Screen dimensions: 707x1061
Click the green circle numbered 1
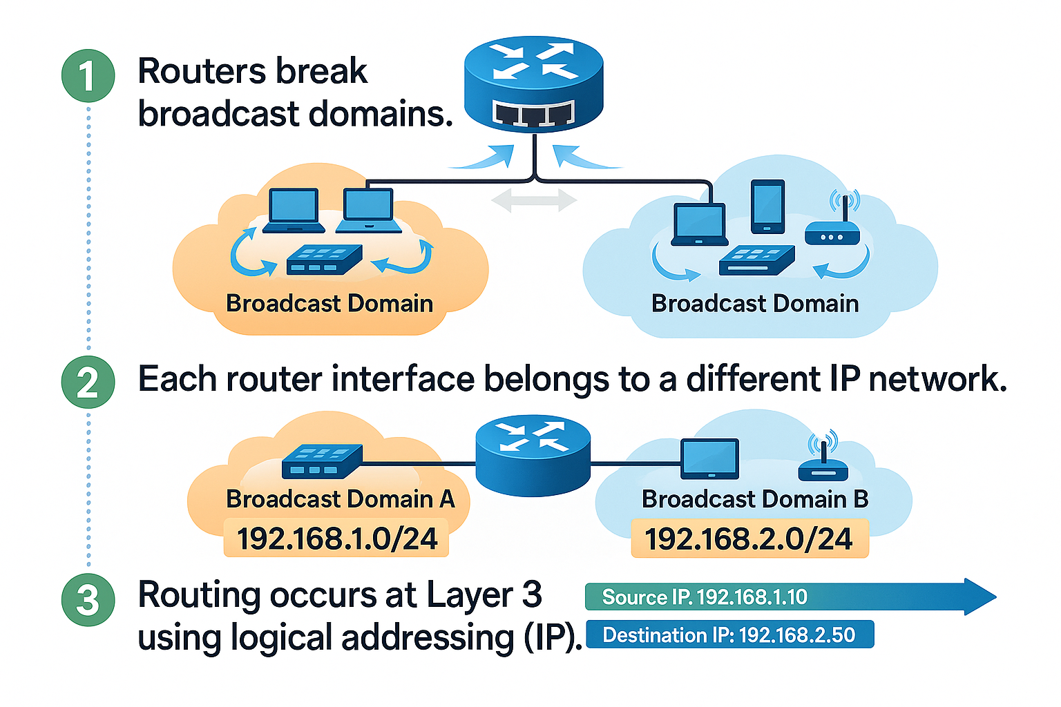coord(88,75)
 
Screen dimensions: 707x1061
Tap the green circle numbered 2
coord(88,382)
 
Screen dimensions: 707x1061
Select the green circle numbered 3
coord(88,599)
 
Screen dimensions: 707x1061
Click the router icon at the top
coord(533,86)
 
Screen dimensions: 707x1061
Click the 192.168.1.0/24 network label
coord(336,539)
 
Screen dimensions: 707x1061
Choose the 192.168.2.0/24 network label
coord(749,539)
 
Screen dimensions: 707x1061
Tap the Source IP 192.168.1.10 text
coord(705,597)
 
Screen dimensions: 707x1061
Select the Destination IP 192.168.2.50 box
coord(729,635)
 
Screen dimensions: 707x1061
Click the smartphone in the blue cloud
coord(767,206)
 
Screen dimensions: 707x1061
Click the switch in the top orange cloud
coord(324,260)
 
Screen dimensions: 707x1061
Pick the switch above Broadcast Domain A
coord(322,462)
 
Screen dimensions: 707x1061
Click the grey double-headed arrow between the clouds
coord(533,201)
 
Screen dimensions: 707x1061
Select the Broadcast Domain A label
coord(340,498)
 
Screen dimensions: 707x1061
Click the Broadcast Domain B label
coord(755,498)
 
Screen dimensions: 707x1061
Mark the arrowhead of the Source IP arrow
coord(979,597)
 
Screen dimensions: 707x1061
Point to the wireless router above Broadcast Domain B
coord(823,461)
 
